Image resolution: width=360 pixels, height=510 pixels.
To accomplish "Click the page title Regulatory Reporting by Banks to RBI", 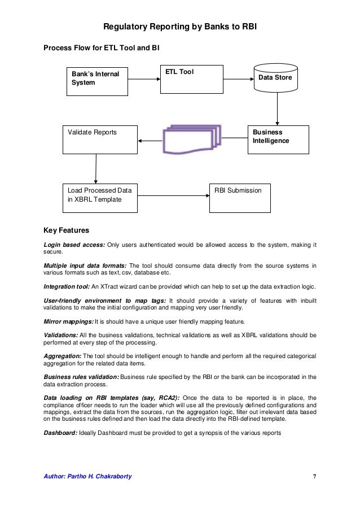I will [x=180, y=27].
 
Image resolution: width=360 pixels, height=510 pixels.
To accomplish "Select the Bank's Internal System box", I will [x=96, y=81].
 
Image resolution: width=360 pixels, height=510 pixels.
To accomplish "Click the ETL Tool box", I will [x=191, y=79].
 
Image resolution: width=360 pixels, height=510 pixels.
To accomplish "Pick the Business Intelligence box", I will [x=278, y=140].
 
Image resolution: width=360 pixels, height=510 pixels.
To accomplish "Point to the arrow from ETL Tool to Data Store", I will [x=236, y=79].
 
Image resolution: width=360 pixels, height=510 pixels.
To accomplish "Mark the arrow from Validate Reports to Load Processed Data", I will [x=96, y=168].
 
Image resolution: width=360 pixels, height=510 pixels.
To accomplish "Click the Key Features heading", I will [x=66, y=230].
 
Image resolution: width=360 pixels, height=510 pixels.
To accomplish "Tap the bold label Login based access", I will [x=74, y=245].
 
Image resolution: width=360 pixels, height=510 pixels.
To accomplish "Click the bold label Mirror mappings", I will [x=68, y=321].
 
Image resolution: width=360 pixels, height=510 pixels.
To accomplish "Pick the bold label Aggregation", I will [x=63, y=356].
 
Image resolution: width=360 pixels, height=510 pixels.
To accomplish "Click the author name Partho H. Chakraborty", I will [x=87, y=476].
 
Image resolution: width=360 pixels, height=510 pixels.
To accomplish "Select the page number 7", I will [x=314, y=476].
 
